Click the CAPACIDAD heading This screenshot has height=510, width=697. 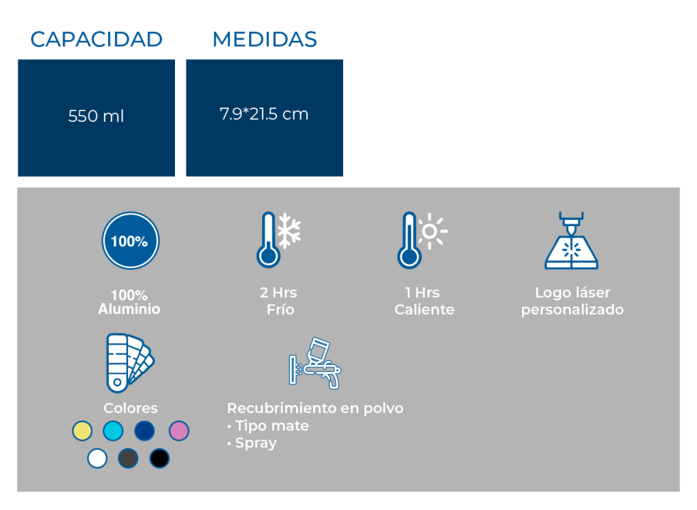click(97, 39)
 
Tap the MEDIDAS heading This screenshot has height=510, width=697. click(265, 39)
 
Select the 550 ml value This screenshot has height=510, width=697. click(96, 116)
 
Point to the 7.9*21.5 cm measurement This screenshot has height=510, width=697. click(264, 114)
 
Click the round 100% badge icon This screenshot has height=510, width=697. click(130, 240)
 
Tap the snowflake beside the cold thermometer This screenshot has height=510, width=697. click(289, 230)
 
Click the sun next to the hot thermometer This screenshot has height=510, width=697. click(430, 232)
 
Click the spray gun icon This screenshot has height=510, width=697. click(315, 364)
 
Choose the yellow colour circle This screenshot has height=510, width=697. click(82, 431)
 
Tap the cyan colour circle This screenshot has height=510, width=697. click(113, 431)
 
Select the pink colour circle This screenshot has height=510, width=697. click(179, 431)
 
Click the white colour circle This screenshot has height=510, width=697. click(97, 458)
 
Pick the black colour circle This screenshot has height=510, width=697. click(159, 458)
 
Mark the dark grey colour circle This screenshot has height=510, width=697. click(128, 458)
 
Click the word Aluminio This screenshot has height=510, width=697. click(129, 309)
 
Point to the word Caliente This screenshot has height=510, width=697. click(425, 309)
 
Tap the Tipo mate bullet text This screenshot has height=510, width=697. click(268, 426)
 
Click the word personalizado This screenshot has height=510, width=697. click(572, 310)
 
